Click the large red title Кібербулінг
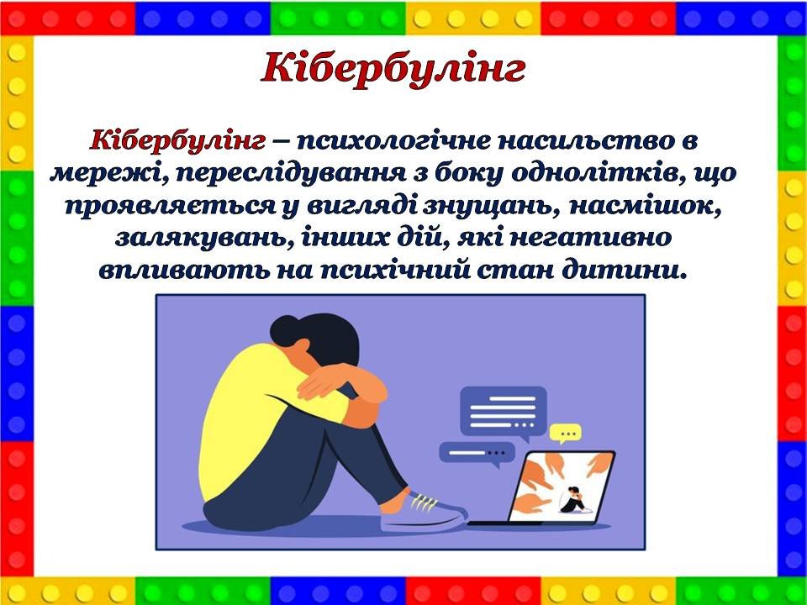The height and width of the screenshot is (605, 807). pos(393,70)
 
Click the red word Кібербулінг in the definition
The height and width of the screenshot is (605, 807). pos(177,140)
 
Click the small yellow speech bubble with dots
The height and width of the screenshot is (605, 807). pos(565,434)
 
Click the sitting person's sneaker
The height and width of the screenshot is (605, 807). pos(423,512)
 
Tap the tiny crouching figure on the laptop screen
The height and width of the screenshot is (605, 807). pos(572,500)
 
